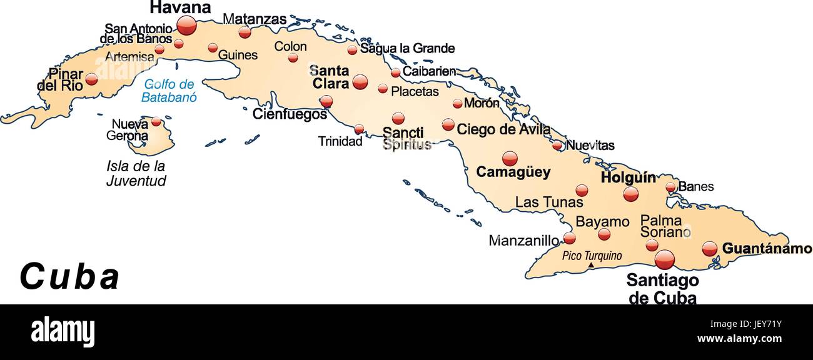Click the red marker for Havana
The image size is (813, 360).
coord(186,26)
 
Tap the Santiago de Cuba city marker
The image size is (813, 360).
coord(664,259)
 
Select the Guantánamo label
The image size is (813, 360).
coord(767,249)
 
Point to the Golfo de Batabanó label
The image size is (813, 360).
coord(169,91)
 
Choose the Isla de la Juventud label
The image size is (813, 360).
coord(136,174)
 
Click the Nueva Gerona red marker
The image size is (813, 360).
coord(156,122)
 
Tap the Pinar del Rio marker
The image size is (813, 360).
coord(91,79)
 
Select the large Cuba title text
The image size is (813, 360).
coord(69,277)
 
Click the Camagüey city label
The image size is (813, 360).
coord(513,172)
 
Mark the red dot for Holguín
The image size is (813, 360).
coord(630,194)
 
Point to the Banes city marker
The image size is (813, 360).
coord(670,187)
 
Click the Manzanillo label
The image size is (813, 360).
coord(523,241)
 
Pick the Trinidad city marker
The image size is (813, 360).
coord(359,129)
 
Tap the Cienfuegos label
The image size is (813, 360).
coord(290,114)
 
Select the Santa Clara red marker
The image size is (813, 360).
coord(360,82)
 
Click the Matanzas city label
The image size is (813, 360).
coord(255,19)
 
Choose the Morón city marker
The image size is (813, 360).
coord(458,104)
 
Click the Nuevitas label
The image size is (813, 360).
coord(590,146)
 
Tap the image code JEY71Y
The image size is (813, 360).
coord(761,324)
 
